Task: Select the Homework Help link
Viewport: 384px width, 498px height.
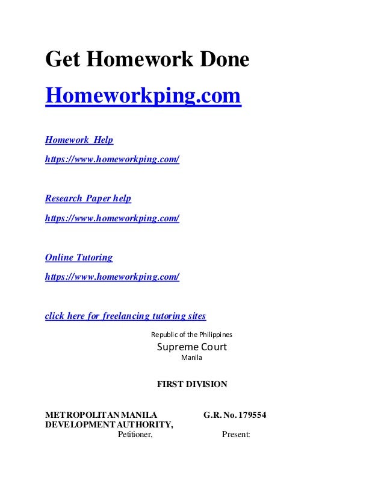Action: [x=79, y=140]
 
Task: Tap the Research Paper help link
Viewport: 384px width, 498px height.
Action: [x=88, y=198]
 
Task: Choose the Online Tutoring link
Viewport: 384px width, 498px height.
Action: [x=79, y=257]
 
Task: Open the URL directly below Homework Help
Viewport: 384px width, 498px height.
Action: [x=112, y=160]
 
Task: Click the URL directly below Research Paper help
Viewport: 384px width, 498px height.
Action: [x=112, y=218]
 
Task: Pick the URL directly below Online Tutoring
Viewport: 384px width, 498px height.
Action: [x=112, y=277]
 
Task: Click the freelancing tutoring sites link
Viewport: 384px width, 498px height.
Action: [x=125, y=316]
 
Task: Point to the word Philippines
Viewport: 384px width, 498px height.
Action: [x=214, y=334]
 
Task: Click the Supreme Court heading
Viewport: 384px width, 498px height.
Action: [x=191, y=347]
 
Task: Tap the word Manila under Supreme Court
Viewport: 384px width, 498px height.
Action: [x=191, y=358]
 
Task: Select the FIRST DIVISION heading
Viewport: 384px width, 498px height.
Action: [x=192, y=384]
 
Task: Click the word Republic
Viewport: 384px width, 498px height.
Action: [x=164, y=334]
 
